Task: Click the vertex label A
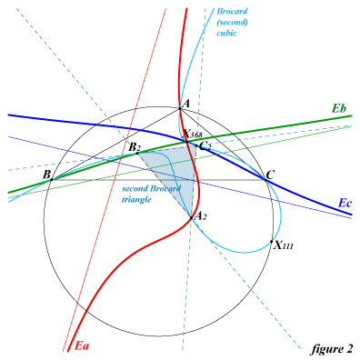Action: pos(186,104)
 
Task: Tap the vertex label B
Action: pos(46,175)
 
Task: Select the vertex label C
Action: pos(271,175)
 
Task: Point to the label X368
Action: pos(194,134)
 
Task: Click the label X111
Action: pos(284,245)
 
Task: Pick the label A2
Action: pos(201,216)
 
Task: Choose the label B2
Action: pos(135,148)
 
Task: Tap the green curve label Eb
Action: pos(339,108)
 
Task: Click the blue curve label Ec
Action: pos(345,204)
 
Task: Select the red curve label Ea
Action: pos(82,345)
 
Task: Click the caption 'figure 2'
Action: pos(332,349)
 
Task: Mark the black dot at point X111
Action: pos(272,242)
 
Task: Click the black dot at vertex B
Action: pos(52,180)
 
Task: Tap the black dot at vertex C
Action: pos(265,180)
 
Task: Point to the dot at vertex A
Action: pos(180,108)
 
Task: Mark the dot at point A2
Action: pos(191,217)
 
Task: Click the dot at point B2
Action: pos(137,154)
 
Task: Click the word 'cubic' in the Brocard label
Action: pos(226,33)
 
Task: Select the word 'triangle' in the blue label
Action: pos(136,200)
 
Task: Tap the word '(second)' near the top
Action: pos(233,22)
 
